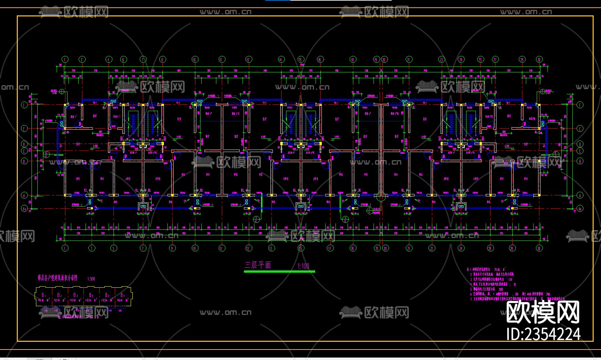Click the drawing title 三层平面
258,265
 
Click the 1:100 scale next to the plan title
303,266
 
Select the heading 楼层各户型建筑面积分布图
58,278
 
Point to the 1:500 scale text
91,279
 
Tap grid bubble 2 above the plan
82,59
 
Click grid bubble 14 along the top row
281,59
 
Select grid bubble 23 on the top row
442,59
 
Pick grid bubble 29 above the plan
522,59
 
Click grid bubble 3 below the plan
92,249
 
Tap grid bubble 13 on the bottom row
271,249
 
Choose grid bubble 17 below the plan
330,249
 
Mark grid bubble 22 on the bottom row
432,249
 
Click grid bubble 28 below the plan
512,249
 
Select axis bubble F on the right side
580,105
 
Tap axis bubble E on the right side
580,129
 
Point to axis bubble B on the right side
580,161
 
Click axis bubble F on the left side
24,105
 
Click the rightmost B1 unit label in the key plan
123,295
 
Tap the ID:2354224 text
543,334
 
